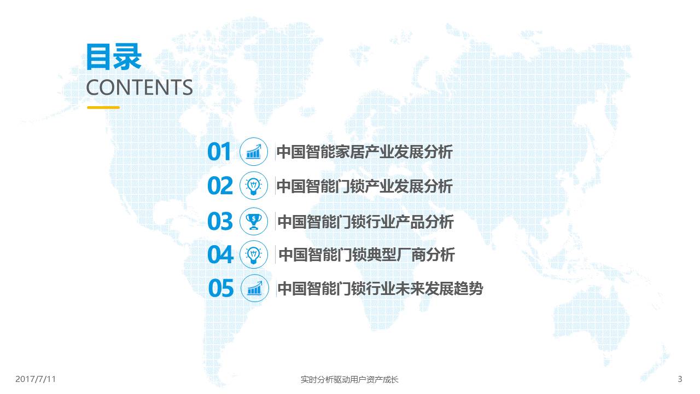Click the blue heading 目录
coord(114,56)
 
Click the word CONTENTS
coord(139,87)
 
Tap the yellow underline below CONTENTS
coord(103,108)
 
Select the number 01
coord(219,152)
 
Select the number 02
coord(220,186)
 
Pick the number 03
coord(220,222)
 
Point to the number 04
coord(220,254)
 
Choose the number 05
coord(221,288)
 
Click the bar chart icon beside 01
coord(254,152)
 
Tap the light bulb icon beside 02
coord(254,186)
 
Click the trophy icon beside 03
coord(254,222)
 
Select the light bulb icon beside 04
coord(254,254)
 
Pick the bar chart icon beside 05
coord(255,288)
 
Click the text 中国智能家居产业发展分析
coord(365,152)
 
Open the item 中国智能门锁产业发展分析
coord(365,186)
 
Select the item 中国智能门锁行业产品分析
coord(366,222)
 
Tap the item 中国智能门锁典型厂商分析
coord(366,254)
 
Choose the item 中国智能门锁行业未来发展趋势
coord(380,288)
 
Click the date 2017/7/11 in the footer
coord(36,379)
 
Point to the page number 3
coord(680,379)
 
